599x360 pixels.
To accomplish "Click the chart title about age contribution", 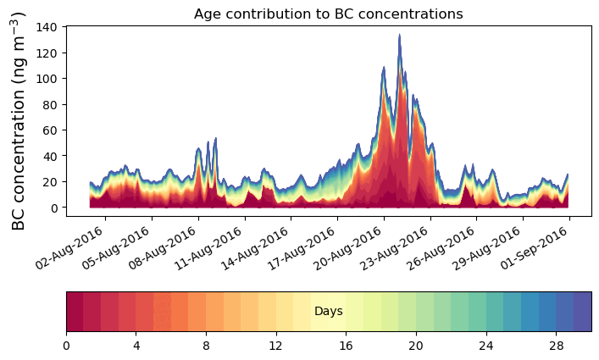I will pos(328,14).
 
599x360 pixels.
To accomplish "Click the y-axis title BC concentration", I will pos(19,121).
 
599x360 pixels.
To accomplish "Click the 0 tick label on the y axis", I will pos(52,208).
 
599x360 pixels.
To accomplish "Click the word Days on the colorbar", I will pos(328,312).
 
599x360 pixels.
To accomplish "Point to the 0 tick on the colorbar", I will pos(66,346).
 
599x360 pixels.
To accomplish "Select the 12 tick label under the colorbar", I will pos(275,346).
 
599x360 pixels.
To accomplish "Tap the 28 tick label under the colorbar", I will pos(556,346).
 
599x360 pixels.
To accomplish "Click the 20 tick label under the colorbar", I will pos(415,346).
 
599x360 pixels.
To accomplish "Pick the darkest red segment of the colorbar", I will pos(75,312).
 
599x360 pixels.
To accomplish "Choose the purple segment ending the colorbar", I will pos(582,312).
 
